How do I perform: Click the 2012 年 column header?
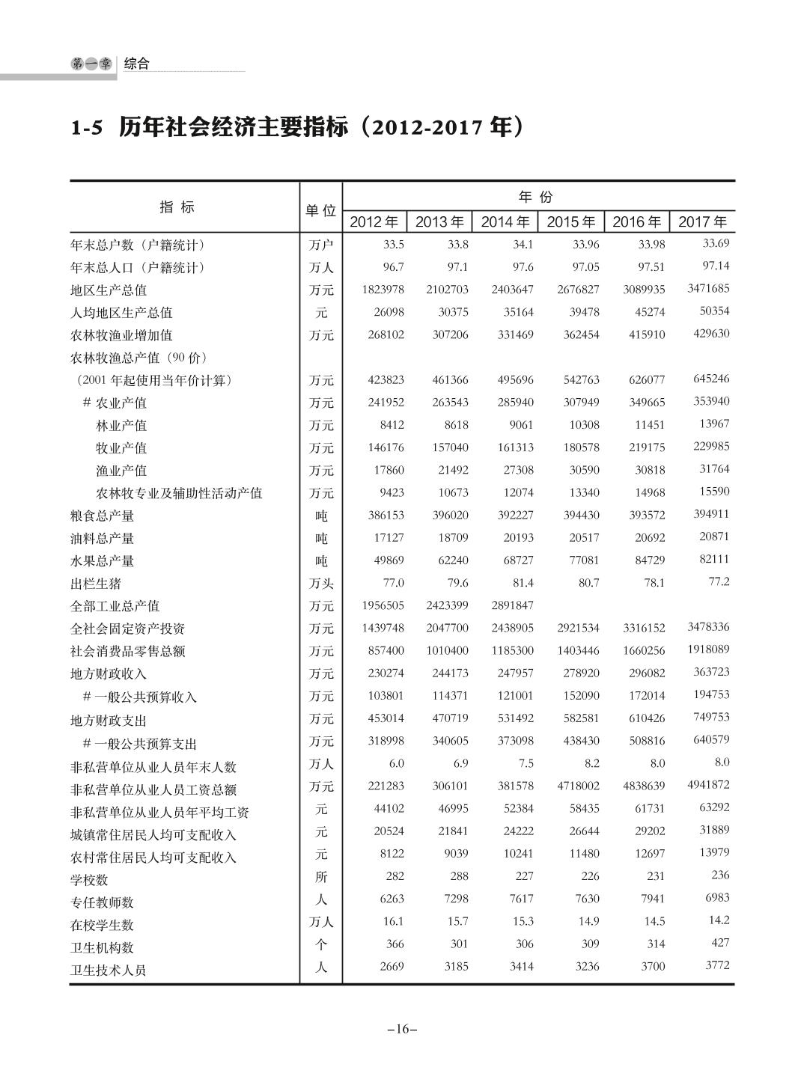[x=374, y=221]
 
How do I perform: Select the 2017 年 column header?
[x=702, y=221]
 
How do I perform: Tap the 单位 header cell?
[x=320, y=211]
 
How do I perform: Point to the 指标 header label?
[x=177, y=207]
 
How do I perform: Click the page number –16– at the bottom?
[x=402, y=1029]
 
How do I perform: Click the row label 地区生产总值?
[x=109, y=290]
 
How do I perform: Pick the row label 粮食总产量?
[x=102, y=516]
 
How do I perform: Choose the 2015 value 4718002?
[x=577, y=786]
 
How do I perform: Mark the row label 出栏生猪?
[x=95, y=583]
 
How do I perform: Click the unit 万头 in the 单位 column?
[x=321, y=584]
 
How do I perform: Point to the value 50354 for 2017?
[x=714, y=311]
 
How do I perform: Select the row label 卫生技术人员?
[x=108, y=971]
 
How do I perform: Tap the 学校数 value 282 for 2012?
[x=394, y=876]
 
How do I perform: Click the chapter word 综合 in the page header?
[x=136, y=64]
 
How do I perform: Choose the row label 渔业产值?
[x=121, y=471]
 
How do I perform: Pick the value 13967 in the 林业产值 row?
[x=714, y=424]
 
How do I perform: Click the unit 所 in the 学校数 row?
[x=321, y=876]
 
